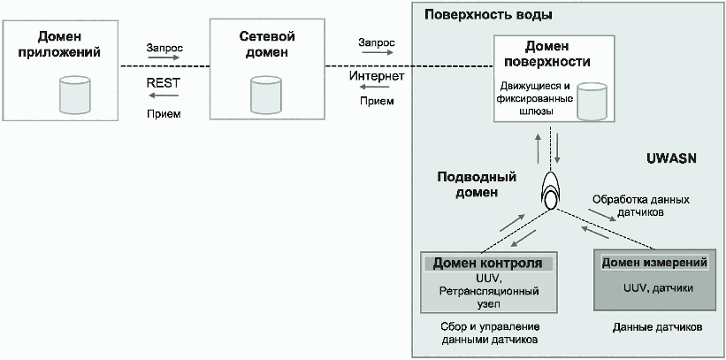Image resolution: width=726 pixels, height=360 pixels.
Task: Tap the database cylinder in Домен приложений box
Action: [x=74, y=95]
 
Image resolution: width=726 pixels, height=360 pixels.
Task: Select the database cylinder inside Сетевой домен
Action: [x=266, y=95]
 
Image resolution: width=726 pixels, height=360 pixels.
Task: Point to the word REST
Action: [x=163, y=83]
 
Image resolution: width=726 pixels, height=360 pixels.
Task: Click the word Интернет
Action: [x=377, y=75]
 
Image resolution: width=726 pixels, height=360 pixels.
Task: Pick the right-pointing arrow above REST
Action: [x=164, y=57]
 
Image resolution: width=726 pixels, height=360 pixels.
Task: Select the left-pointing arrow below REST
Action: [x=164, y=96]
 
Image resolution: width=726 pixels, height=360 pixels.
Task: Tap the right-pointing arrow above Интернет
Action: [x=378, y=52]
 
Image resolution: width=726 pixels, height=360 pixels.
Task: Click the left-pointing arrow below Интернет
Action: [x=378, y=88]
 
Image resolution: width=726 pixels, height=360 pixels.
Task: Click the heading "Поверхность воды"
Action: [x=488, y=15]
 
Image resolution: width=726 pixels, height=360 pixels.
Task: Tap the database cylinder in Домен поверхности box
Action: [x=592, y=101]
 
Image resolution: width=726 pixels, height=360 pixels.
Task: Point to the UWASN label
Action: [x=671, y=158]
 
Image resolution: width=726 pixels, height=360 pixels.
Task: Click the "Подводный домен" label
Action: [x=477, y=184]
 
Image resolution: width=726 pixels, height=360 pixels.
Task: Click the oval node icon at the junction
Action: [x=551, y=190]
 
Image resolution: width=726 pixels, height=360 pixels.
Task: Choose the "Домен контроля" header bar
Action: [x=487, y=264]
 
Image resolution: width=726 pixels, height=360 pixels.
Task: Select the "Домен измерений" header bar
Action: [x=654, y=263]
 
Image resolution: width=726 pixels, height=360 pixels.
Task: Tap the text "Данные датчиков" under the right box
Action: [x=658, y=327]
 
